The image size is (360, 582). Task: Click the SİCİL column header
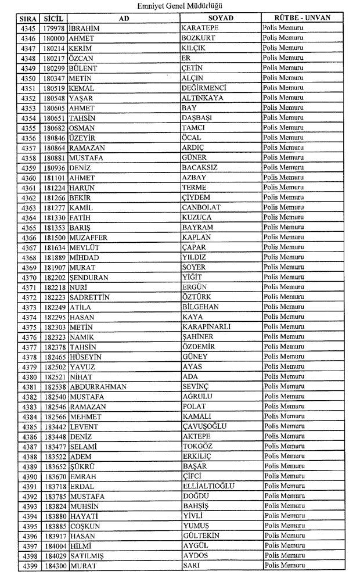(x=53, y=18)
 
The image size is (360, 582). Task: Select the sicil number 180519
(x=54, y=88)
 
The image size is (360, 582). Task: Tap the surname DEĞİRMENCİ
(x=203, y=88)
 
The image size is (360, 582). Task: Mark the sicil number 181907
(x=54, y=267)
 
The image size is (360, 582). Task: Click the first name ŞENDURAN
(x=88, y=278)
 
